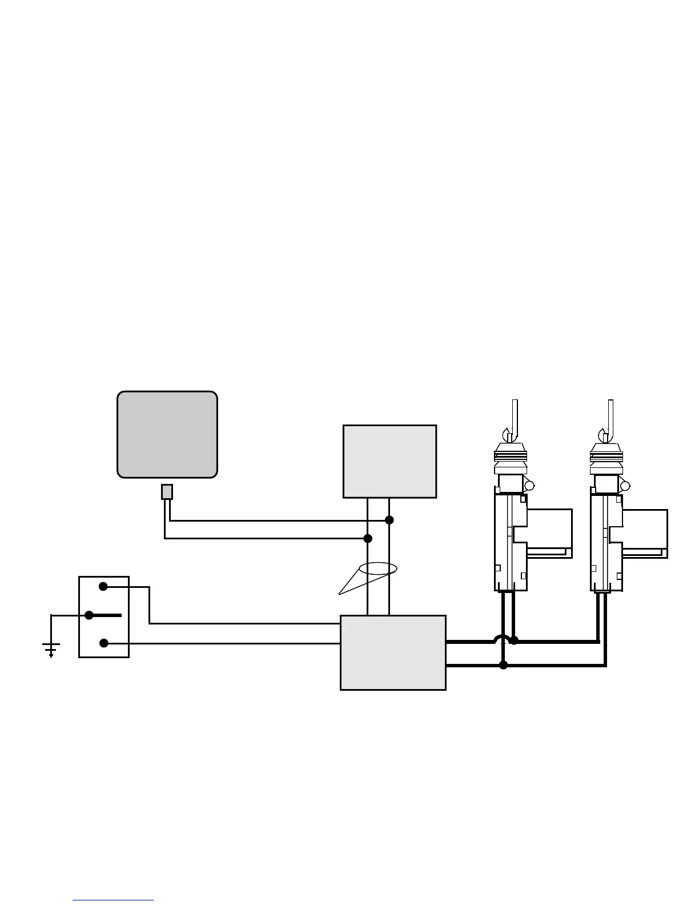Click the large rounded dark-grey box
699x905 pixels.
tap(167, 434)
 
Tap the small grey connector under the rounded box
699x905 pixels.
tap(167, 492)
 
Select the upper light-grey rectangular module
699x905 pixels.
tap(389, 461)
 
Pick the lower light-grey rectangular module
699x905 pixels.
tap(393, 652)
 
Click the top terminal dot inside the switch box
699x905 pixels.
tap(103, 586)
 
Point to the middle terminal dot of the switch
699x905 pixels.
tap(89, 615)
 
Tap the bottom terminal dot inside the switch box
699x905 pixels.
tap(104, 643)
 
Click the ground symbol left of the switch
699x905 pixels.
tap(51, 648)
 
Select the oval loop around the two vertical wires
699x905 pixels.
tap(377, 568)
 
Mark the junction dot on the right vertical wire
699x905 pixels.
tap(389, 520)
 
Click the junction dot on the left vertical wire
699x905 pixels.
tap(368, 538)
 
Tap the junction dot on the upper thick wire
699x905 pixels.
tap(514, 640)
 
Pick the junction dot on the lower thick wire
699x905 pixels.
tap(503, 665)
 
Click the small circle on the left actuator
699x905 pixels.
tap(529, 486)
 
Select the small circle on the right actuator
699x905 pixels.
tap(625, 486)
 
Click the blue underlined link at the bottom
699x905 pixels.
tap(113, 900)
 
